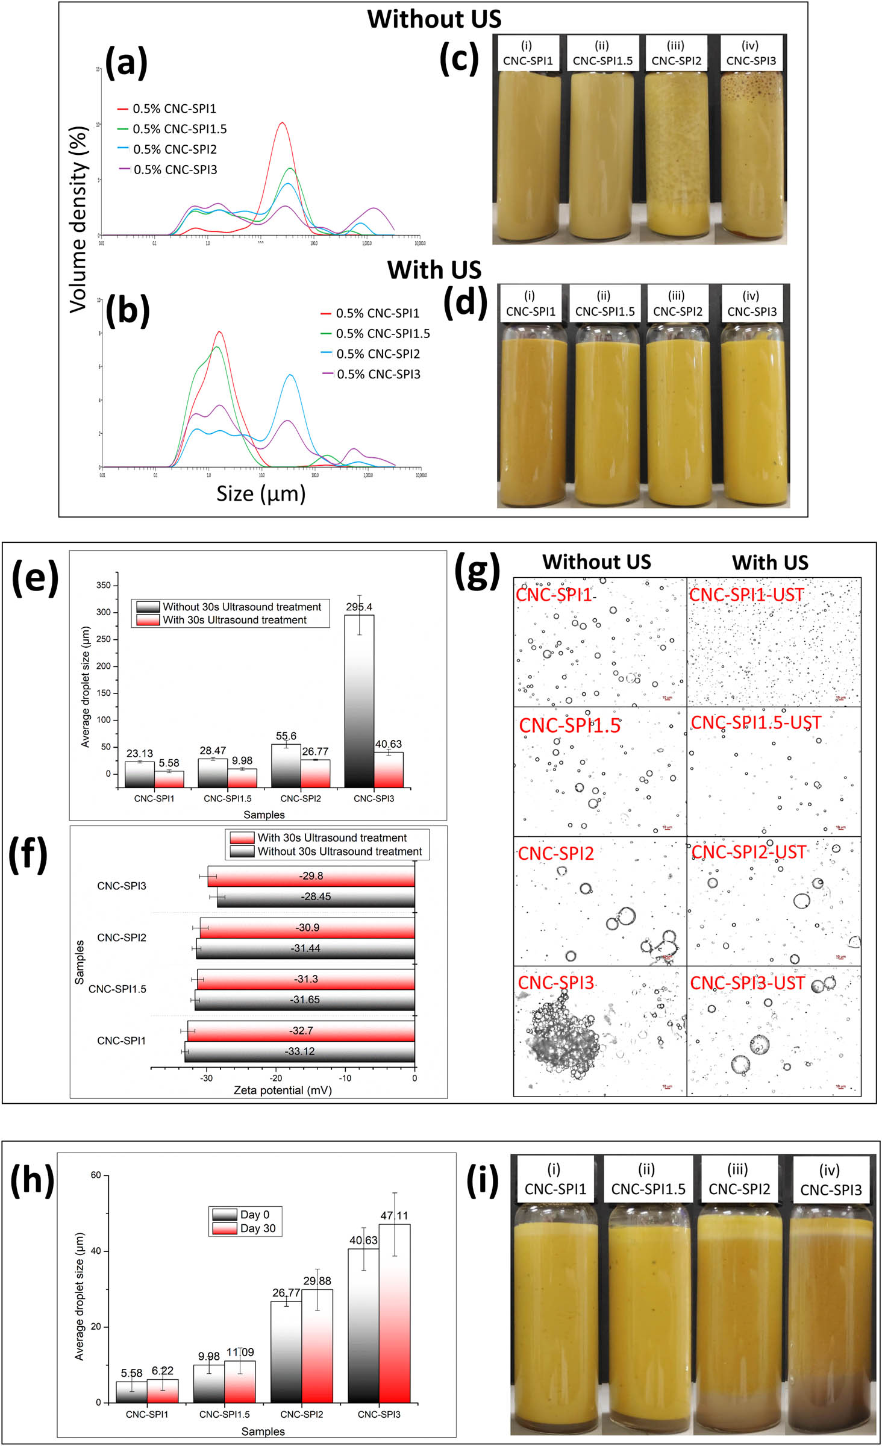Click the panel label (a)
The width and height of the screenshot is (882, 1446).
126,63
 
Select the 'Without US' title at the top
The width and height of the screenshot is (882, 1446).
434,19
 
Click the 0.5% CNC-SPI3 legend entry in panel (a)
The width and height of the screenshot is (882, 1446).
175,170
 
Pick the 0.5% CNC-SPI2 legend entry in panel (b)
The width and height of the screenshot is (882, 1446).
378,354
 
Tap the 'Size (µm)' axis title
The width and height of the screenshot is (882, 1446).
261,494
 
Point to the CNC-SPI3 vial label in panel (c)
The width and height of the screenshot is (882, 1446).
751,54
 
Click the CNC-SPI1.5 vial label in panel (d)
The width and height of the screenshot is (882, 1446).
604,304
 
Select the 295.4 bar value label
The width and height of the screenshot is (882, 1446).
359,607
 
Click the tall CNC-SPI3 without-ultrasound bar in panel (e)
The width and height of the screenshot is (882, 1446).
359,699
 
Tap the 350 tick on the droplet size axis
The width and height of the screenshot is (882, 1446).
103,585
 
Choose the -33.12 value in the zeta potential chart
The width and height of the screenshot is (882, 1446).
299,1051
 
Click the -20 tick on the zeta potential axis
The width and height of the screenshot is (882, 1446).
276,1078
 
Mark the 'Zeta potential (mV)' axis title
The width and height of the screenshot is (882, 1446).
283,1091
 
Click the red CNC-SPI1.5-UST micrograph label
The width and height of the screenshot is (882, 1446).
755,722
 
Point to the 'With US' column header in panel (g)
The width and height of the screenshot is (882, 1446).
770,563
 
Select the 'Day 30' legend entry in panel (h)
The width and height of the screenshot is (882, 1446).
257,1228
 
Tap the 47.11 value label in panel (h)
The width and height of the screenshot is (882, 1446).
394,1216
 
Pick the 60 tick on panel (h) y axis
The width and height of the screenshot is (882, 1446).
96,1175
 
